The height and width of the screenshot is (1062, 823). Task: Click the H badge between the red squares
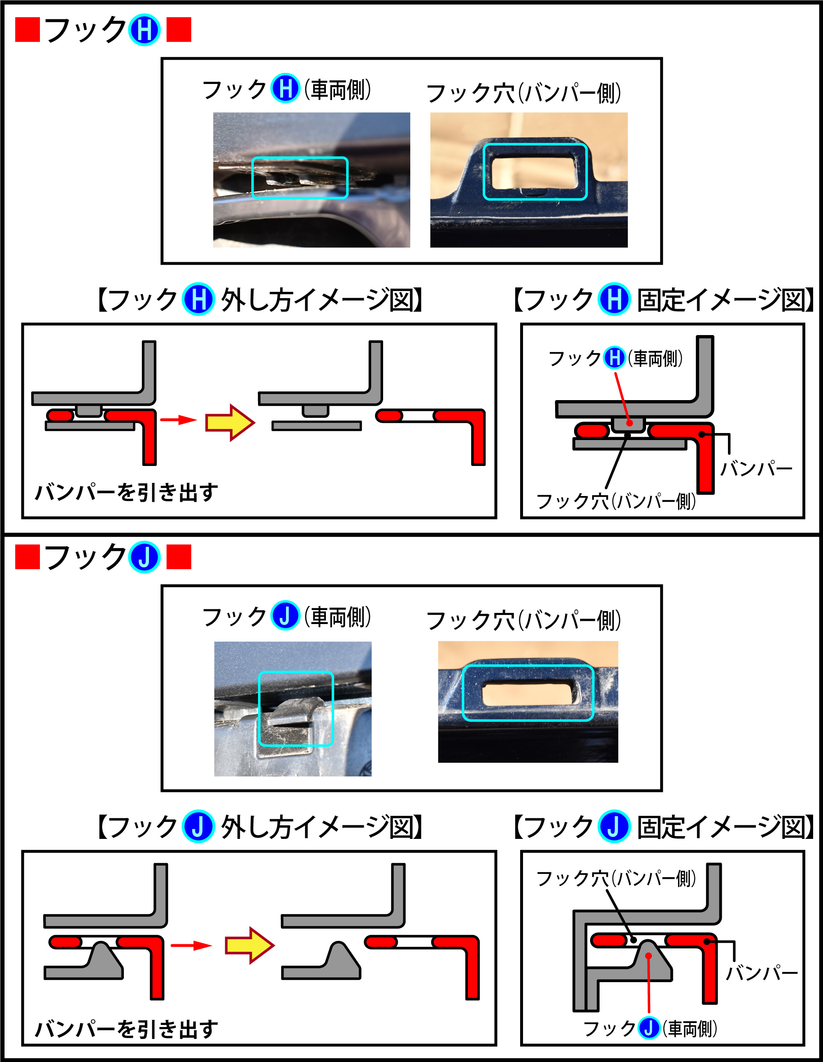pos(144,30)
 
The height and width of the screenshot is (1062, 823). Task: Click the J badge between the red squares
pos(144,557)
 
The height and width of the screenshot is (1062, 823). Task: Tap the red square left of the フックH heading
pos(27,30)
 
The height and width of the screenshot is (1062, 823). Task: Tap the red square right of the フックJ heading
pos(179,557)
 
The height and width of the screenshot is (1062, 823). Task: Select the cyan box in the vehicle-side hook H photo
pos(300,178)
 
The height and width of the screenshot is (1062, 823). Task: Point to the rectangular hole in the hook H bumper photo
pos(535,172)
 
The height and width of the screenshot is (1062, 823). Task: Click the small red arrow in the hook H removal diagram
pos(178,419)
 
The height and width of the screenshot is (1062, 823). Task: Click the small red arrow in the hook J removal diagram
pos(191,945)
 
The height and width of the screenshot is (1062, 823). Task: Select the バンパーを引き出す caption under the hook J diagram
pos(126,1029)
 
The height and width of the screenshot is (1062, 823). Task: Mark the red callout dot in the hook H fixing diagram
pos(630,423)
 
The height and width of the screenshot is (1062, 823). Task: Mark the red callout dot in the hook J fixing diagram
pos(649,956)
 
